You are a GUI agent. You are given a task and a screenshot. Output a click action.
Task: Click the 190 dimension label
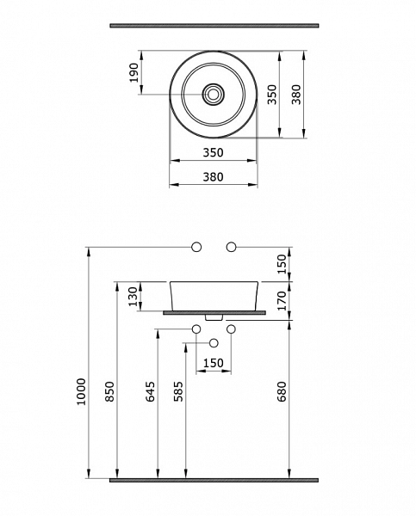(x=133, y=73)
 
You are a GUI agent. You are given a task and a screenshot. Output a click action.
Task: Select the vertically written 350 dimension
(x=272, y=95)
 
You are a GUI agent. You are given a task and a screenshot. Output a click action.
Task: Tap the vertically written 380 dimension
(x=296, y=95)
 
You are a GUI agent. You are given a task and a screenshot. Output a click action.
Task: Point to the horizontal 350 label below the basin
(x=213, y=153)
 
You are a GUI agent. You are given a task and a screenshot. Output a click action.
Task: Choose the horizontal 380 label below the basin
(x=213, y=177)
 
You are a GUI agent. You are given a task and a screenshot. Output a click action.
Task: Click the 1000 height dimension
(x=81, y=391)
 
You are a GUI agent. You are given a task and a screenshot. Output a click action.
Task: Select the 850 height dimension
(x=109, y=391)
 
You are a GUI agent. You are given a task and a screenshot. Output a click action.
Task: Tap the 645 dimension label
(x=151, y=391)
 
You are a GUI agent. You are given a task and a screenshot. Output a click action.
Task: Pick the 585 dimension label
(x=178, y=391)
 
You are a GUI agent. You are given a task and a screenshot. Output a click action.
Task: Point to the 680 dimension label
(x=282, y=391)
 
